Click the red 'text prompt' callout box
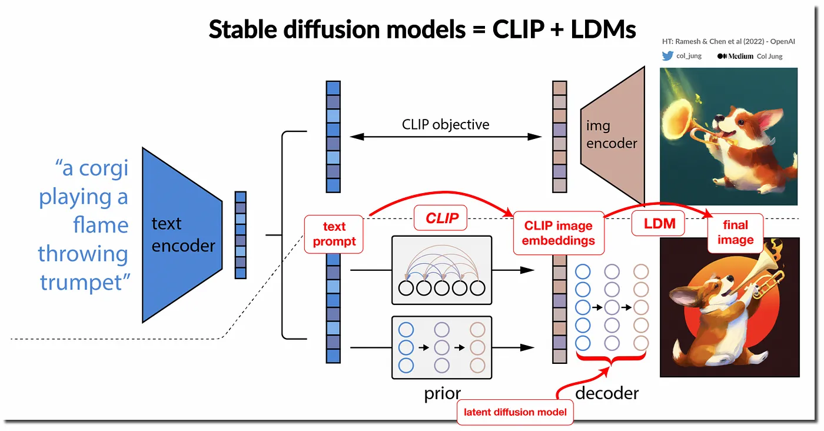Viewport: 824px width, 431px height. pyautogui.click(x=334, y=234)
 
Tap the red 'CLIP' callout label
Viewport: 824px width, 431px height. pyautogui.click(x=442, y=218)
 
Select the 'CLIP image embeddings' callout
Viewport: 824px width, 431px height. pyautogui.click(x=559, y=233)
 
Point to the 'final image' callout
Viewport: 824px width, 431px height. pyautogui.click(x=735, y=233)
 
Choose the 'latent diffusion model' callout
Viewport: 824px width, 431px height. pyautogui.click(x=515, y=412)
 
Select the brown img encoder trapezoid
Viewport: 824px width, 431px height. pyautogui.click(x=612, y=135)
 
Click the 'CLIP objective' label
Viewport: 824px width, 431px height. pyautogui.click(x=446, y=125)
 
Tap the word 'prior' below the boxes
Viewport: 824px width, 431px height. pyautogui.click(x=442, y=393)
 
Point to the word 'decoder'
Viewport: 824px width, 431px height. pyautogui.click(x=607, y=393)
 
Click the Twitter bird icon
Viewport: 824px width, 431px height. pyautogui.click(x=667, y=56)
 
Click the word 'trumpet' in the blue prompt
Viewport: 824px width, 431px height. pyautogui.click(x=84, y=283)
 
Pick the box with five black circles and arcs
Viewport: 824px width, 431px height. pyautogui.click(x=441, y=270)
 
